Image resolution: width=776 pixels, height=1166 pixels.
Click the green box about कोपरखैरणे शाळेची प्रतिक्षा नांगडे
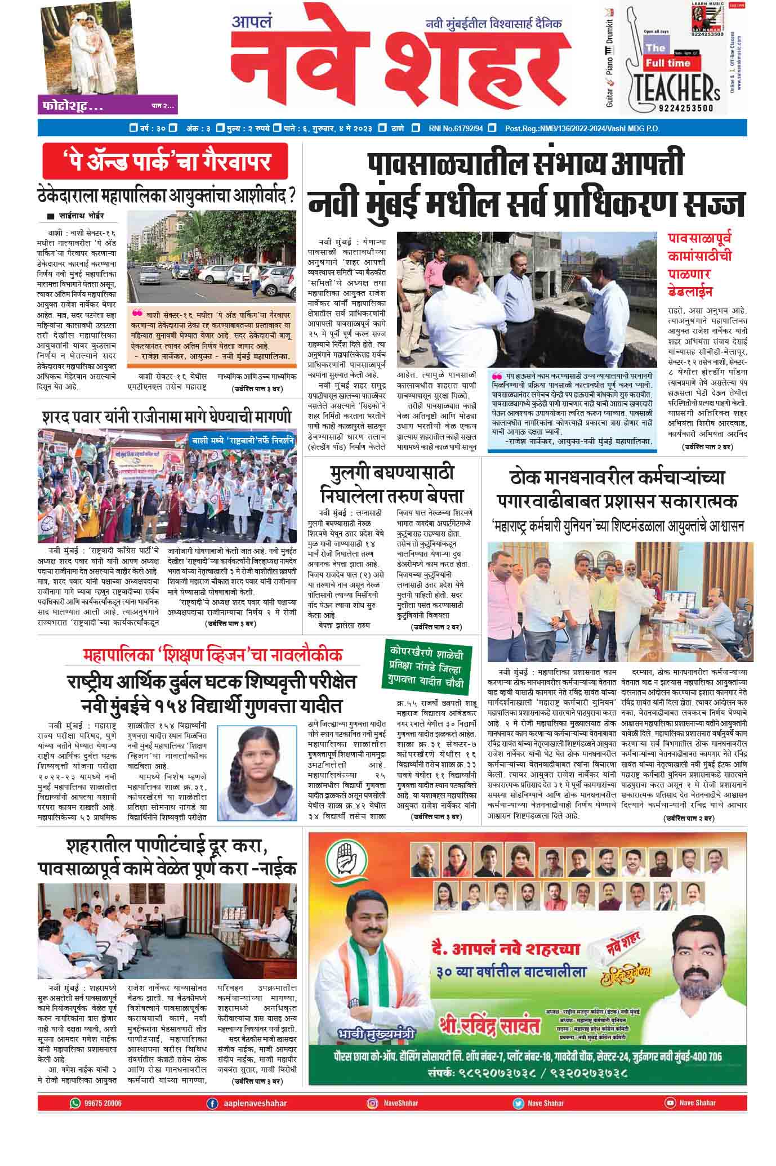point(428,667)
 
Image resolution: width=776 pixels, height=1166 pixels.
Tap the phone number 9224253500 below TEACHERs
point(684,109)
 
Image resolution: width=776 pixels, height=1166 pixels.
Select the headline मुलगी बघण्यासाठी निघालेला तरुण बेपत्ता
point(392,484)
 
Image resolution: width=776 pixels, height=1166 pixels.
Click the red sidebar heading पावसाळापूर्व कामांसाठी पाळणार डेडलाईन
point(700,265)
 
